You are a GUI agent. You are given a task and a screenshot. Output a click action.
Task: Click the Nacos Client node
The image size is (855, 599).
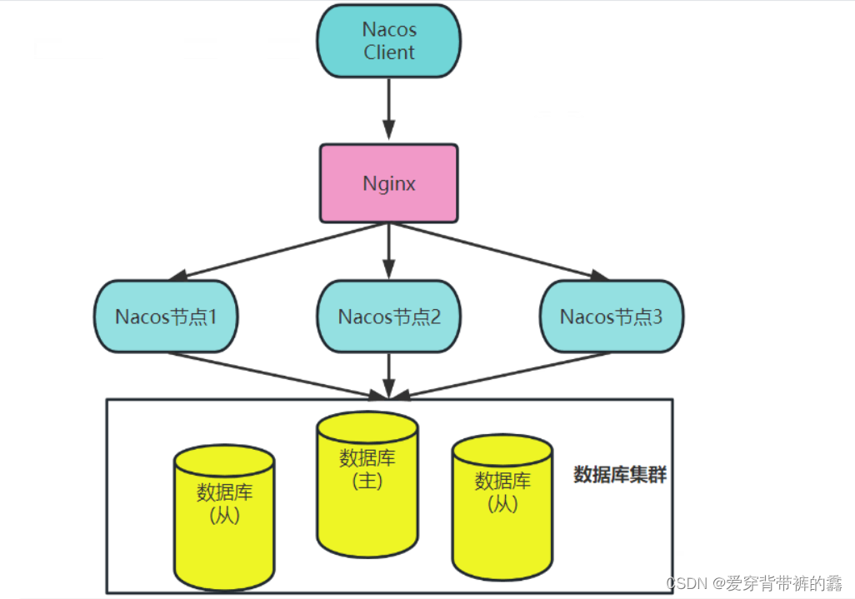[x=388, y=41]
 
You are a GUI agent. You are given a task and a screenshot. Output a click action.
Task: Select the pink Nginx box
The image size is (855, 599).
[x=388, y=184]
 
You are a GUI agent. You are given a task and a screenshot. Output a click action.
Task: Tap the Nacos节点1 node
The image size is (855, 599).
[x=166, y=317]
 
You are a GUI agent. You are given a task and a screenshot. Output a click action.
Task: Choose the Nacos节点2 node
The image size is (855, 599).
[x=388, y=317]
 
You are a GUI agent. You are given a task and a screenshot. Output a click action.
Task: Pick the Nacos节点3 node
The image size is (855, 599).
[x=611, y=317]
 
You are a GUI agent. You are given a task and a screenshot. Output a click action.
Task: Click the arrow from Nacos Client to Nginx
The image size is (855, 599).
[x=388, y=108]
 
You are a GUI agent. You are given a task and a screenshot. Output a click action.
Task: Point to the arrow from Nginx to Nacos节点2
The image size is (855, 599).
[x=388, y=252]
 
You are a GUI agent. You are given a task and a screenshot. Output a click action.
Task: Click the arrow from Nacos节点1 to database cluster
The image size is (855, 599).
[x=275, y=372]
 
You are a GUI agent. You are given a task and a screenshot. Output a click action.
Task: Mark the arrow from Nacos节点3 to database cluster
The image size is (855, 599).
[x=500, y=372]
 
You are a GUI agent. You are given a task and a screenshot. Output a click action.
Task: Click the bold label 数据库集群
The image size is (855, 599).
[x=620, y=475]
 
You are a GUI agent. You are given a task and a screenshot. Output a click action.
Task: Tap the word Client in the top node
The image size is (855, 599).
[x=388, y=52]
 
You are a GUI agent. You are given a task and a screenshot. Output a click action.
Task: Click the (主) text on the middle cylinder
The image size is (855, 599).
[x=367, y=482]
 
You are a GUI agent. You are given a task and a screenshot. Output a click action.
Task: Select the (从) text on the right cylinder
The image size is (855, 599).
[x=502, y=504]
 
